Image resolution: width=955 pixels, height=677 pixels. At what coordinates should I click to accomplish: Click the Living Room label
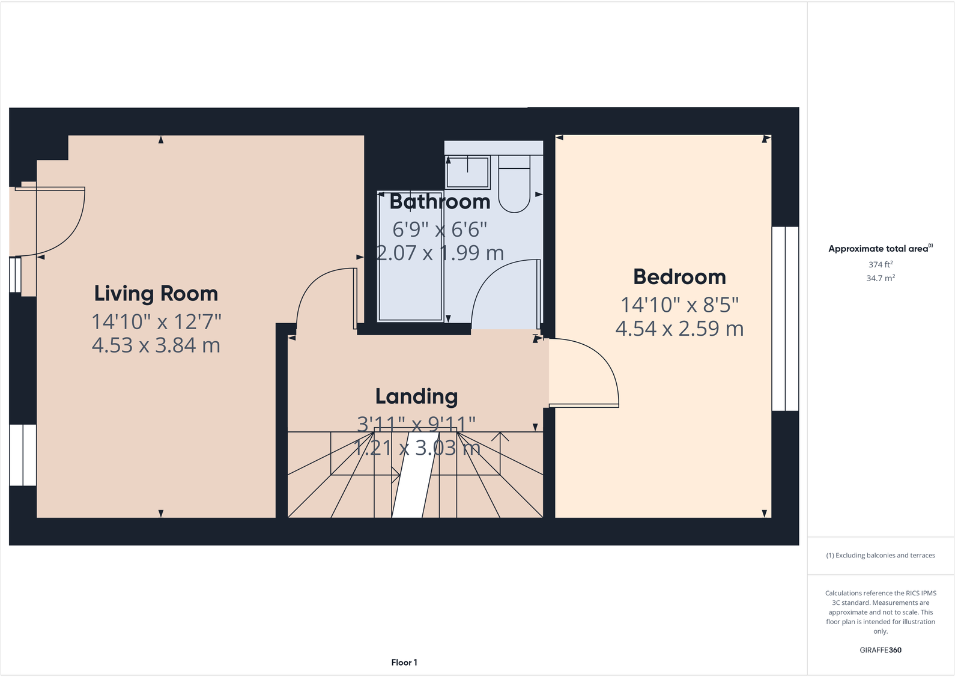pyautogui.click(x=156, y=294)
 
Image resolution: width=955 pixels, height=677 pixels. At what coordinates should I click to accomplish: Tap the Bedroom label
pyautogui.click(x=679, y=277)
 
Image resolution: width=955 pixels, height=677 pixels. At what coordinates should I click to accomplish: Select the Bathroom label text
pyautogui.click(x=440, y=202)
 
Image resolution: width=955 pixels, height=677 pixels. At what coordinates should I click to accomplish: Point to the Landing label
pyautogui.click(x=416, y=396)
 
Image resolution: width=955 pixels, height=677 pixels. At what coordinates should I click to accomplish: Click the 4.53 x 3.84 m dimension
pyautogui.click(x=156, y=345)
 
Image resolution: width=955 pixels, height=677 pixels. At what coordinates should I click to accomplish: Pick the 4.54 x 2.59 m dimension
pyautogui.click(x=679, y=329)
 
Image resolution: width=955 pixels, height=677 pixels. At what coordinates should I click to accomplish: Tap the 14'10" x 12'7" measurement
pyautogui.click(x=156, y=322)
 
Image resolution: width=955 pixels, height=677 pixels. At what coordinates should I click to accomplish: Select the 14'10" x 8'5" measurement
pyautogui.click(x=679, y=305)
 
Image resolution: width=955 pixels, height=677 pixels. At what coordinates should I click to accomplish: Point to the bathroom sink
pyautogui.click(x=467, y=172)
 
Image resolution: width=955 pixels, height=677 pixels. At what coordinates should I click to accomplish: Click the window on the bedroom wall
pyautogui.click(x=785, y=318)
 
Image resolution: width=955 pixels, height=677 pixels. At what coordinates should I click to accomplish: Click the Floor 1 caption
pyautogui.click(x=404, y=663)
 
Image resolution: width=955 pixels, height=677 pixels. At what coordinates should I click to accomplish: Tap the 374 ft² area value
pyautogui.click(x=880, y=264)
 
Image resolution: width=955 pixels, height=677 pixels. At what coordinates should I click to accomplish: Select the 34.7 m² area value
pyautogui.click(x=880, y=278)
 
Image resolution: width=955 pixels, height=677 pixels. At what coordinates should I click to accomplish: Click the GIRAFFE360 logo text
pyautogui.click(x=880, y=650)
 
